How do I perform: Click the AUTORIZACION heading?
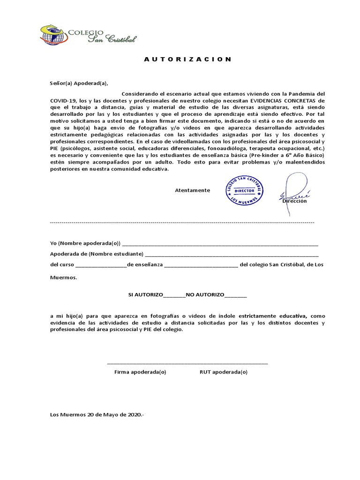point(187,60)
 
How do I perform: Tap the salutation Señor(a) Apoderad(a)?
point(79,84)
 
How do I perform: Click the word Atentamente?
point(192,190)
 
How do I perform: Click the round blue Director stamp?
point(244,190)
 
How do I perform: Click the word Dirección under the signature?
point(294,201)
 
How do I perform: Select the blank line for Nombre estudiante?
point(232,254)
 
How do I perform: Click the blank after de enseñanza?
point(201,265)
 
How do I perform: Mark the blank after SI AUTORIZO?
point(174,295)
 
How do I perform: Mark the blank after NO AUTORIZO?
point(235,295)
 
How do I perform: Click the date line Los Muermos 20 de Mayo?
point(97,414)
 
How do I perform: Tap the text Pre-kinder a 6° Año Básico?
point(288,155)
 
